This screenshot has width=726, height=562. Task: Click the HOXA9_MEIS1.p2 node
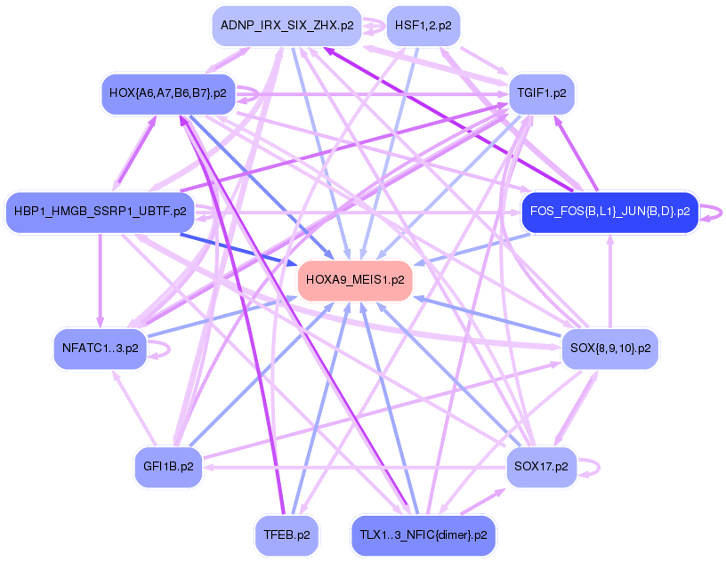355,279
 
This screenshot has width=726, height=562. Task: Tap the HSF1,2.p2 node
423,26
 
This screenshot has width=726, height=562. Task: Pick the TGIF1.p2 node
542,92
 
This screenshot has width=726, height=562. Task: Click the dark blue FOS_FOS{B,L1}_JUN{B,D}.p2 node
609,212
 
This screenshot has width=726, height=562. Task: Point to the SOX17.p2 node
542,466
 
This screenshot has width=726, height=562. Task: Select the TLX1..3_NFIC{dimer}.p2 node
423,535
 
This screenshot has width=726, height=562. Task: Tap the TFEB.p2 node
286,535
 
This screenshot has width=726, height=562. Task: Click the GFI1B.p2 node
168,466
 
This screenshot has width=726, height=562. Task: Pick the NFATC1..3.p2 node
101,348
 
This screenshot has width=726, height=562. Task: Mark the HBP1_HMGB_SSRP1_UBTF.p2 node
101,212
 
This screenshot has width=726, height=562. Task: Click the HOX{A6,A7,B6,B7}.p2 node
168,92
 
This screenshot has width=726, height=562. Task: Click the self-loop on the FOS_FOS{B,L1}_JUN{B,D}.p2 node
711,212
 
